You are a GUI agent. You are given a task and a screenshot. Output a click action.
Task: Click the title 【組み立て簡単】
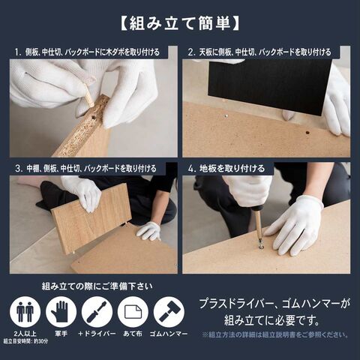point(180,24)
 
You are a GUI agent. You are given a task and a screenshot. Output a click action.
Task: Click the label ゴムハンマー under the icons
point(169,334)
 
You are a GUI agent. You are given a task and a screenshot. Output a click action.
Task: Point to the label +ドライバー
point(97,334)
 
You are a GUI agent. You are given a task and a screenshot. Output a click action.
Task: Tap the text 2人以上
point(25,334)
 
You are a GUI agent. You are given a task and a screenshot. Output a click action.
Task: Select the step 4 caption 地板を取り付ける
point(232,169)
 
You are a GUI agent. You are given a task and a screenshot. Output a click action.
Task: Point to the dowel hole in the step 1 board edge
point(94,117)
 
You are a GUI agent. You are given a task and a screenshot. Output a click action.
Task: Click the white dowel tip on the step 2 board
point(226,115)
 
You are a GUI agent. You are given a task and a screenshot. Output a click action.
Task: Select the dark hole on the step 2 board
point(307,133)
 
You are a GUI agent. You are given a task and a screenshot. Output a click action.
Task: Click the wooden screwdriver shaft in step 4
point(259,226)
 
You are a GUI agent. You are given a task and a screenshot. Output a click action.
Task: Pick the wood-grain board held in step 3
point(91,218)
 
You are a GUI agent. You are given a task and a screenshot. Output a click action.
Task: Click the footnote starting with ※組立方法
point(275,334)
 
